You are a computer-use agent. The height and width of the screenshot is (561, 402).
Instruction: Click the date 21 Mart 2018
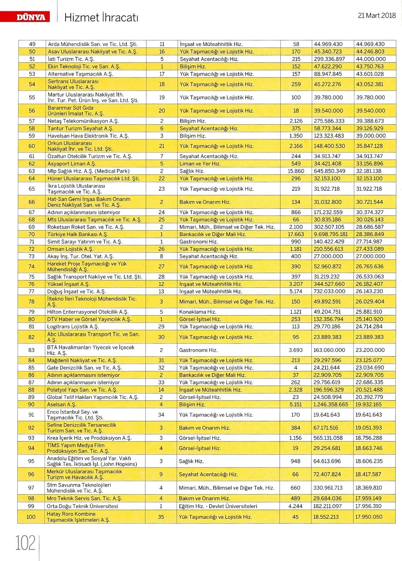377,15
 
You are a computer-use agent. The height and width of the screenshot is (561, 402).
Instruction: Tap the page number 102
25,543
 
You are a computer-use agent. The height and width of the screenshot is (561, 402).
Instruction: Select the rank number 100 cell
31,517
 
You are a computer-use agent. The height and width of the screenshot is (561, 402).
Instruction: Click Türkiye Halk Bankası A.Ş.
78,234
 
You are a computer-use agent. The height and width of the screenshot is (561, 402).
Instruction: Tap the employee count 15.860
296,171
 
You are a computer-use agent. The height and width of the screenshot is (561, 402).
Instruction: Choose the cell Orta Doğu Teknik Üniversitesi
82,506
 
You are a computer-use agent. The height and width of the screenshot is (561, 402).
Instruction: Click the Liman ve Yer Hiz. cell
200,164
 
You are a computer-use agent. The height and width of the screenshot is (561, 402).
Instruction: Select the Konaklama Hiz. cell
197,312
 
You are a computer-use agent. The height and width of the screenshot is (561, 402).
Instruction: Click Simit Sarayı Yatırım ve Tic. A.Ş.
85,241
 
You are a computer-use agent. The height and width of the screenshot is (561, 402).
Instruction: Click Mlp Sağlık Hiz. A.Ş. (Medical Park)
88,171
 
